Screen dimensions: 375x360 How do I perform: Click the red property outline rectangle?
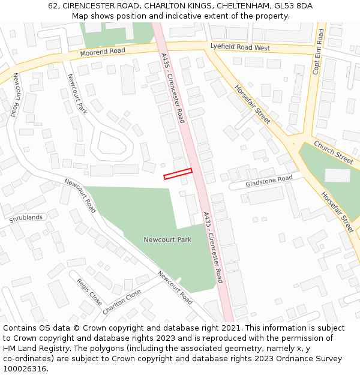click(x=178, y=173)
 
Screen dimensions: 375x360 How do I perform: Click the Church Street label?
click(x=333, y=152)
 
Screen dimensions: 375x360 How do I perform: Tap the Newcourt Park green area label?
click(x=167, y=239)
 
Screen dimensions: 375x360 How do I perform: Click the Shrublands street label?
click(x=26, y=218)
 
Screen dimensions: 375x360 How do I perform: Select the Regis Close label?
click(x=89, y=292)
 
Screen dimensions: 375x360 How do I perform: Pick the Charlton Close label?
click(x=122, y=301)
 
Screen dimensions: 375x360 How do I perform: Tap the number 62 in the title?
click(x=53, y=6)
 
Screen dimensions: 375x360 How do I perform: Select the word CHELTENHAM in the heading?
click(x=240, y=6)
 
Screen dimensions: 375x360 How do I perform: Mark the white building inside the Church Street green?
click(x=337, y=175)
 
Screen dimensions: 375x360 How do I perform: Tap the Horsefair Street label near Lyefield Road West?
click(x=253, y=103)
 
